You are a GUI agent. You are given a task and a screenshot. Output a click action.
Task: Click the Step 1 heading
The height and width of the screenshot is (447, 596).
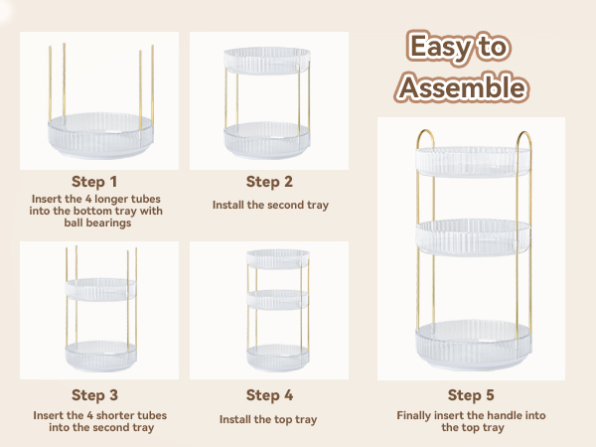coord(94,182)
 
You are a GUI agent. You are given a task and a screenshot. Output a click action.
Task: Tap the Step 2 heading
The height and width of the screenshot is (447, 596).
coord(269,182)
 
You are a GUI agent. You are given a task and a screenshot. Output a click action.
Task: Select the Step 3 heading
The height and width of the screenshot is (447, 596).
coord(94,395)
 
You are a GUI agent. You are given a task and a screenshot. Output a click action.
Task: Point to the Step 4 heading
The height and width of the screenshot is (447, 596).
coord(269,395)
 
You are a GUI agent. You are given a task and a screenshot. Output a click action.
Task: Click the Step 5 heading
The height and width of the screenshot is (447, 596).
coord(471,395)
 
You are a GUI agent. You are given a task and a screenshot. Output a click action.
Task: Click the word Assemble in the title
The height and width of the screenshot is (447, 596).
coord(462,87)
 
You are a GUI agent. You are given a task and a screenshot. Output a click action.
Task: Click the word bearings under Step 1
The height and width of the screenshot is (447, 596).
coord(97,223)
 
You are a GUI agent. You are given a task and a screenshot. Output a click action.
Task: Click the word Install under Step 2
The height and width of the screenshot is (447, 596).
coord(228,205)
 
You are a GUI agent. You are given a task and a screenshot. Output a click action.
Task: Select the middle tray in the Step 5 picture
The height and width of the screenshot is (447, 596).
coord(473,236)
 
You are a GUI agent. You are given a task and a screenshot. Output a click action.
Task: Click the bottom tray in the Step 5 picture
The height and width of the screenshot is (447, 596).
coord(473,345)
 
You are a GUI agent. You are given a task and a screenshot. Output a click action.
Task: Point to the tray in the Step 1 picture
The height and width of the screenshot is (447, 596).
coord(100,135)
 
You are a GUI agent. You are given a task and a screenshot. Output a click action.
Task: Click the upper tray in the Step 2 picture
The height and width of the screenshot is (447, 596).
coord(267,61)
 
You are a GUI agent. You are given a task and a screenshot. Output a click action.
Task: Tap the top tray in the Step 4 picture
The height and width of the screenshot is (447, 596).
coord(278,259)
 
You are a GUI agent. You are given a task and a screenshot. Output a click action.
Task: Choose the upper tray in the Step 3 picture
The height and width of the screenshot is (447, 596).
coord(100,289)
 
